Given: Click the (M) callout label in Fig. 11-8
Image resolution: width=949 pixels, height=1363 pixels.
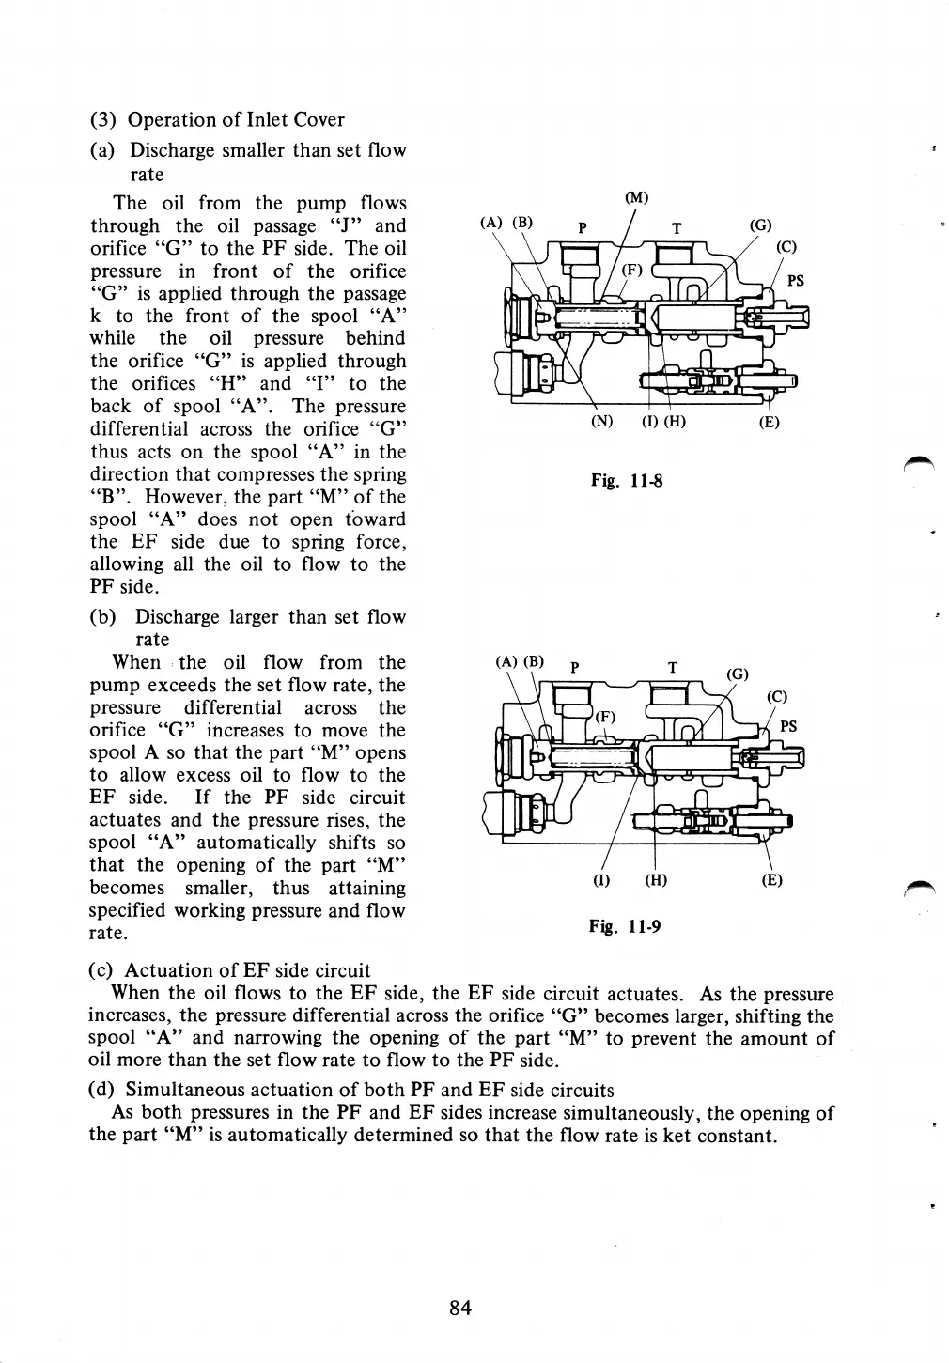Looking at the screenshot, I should coord(636,197).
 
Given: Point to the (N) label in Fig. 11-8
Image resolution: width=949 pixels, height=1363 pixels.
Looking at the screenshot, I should coord(601,422).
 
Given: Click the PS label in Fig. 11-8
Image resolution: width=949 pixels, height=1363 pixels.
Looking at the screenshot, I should coord(795,280).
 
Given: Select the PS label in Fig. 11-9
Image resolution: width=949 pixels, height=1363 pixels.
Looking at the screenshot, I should coord(789,726).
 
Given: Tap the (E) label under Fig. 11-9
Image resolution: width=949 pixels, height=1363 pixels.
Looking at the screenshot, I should coord(771,881).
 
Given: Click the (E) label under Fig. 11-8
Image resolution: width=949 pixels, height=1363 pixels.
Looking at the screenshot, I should coord(769,422).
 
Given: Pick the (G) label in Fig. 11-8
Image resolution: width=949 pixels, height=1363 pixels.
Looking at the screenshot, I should coord(760,225).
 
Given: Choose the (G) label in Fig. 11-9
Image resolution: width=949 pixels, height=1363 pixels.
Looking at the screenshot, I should coord(739,674).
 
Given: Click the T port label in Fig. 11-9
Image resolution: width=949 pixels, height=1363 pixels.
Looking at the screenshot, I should coord(673,668).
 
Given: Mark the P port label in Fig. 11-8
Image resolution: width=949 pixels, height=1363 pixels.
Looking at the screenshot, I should coord(583,227).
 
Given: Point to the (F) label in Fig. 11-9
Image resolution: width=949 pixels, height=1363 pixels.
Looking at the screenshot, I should coord(606,716).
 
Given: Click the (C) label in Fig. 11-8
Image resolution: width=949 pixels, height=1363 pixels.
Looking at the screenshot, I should coord(786,248).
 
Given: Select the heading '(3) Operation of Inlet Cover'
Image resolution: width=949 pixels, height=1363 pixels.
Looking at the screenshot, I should coord(217,119).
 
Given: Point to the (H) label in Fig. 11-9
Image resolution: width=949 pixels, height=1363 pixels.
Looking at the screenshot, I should coord(656,881).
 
